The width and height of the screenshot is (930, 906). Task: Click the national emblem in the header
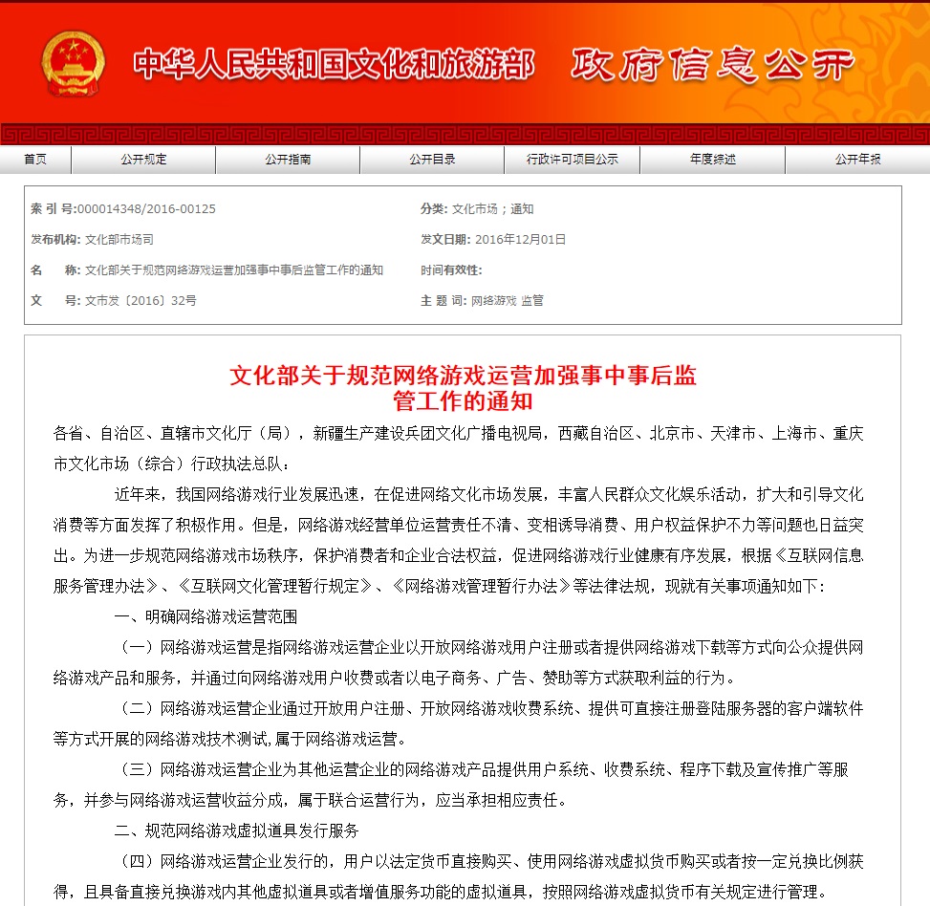click(x=73, y=63)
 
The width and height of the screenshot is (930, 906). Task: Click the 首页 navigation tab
click(x=35, y=160)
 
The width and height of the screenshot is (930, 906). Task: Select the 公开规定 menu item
click(x=143, y=160)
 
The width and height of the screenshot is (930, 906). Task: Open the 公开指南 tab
click(x=288, y=160)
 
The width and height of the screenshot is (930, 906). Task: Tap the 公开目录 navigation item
click(x=432, y=160)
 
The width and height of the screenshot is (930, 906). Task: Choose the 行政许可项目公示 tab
click(x=573, y=160)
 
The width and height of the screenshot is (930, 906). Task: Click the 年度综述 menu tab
click(x=713, y=160)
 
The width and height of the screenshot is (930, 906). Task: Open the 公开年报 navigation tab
click(x=857, y=160)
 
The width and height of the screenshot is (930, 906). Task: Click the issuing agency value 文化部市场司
click(x=119, y=240)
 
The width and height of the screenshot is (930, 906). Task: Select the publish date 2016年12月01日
click(x=520, y=240)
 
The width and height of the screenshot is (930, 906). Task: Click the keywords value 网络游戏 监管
click(x=507, y=300)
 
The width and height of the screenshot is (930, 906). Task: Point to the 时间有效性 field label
click(x=450, y=270)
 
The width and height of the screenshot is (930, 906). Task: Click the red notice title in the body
click(x=464, y=387)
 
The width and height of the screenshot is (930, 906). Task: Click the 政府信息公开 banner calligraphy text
click(x=712, y=64)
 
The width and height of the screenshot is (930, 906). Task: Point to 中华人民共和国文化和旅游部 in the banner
click(x=334, y=64)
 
